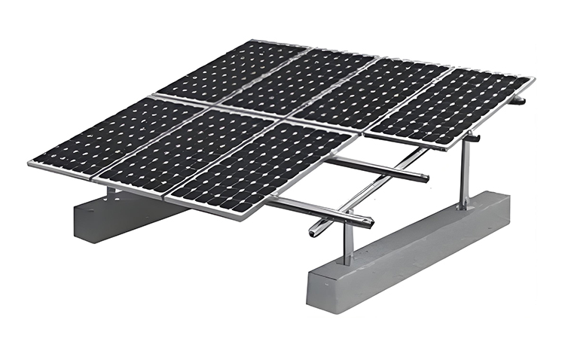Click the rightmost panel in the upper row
pyautogui.click(x=450, y=106)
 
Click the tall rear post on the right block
pyautogui.click(x=466, y=173)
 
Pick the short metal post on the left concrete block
pyautogui.click(x=111, y=194)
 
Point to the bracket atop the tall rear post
pyautogui.click(x=471, y=137)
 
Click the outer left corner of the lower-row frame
pyautogui.click(x=30, y=163)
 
